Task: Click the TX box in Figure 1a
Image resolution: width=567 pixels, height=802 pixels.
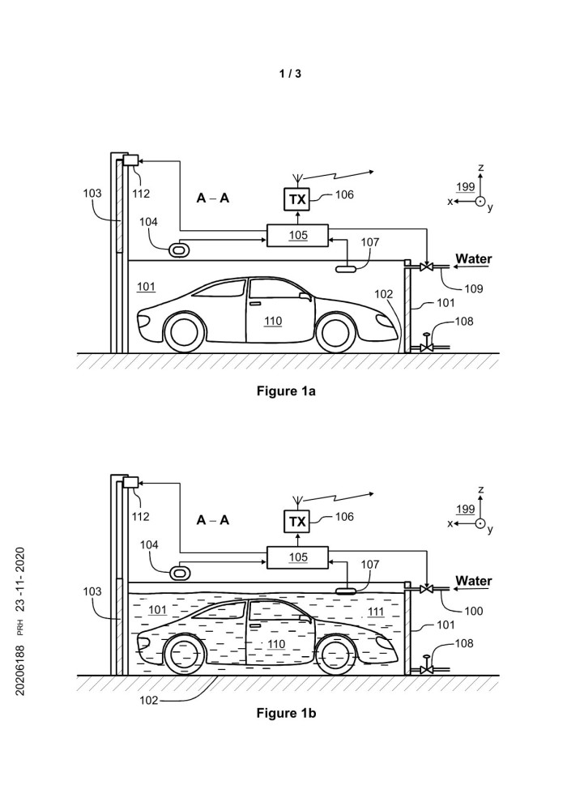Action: click(x=297, y=198)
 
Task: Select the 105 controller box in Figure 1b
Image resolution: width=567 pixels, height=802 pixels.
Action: click(x=297, y=558)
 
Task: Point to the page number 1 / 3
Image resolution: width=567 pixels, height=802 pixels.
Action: click(x=289, y=74)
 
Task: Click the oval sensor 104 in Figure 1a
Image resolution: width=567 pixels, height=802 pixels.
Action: click(x=178, y=250)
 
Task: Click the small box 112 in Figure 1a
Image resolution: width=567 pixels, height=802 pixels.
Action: click(x=130, y=161)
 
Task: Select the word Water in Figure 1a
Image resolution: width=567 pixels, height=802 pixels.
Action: click(x=474, y=259)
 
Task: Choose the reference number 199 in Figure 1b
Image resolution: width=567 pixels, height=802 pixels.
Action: click(x=465, y=509)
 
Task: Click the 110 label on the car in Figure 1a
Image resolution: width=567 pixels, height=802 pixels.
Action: click(x=273, y=321)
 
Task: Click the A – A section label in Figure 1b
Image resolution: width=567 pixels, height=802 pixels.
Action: click(x=213, y=520)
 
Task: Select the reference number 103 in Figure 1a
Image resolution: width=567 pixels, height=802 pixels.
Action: click(x=93, y=194)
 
